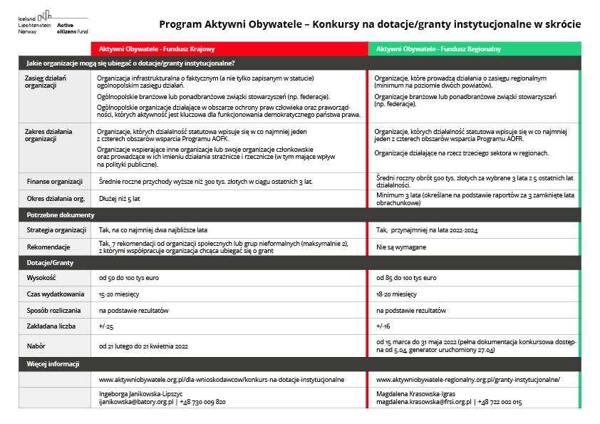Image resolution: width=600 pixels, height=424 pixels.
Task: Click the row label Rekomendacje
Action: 48,247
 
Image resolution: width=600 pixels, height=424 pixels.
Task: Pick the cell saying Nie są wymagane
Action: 401,247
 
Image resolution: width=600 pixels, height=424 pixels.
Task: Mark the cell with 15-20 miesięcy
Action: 119,294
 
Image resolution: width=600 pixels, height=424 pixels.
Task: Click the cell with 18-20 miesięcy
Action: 396,294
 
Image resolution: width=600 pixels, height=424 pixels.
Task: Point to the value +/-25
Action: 106,326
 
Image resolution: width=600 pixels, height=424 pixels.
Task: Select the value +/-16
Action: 383,326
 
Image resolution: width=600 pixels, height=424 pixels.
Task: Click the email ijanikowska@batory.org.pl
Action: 136,402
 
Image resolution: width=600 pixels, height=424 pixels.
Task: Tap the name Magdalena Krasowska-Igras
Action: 415,393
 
